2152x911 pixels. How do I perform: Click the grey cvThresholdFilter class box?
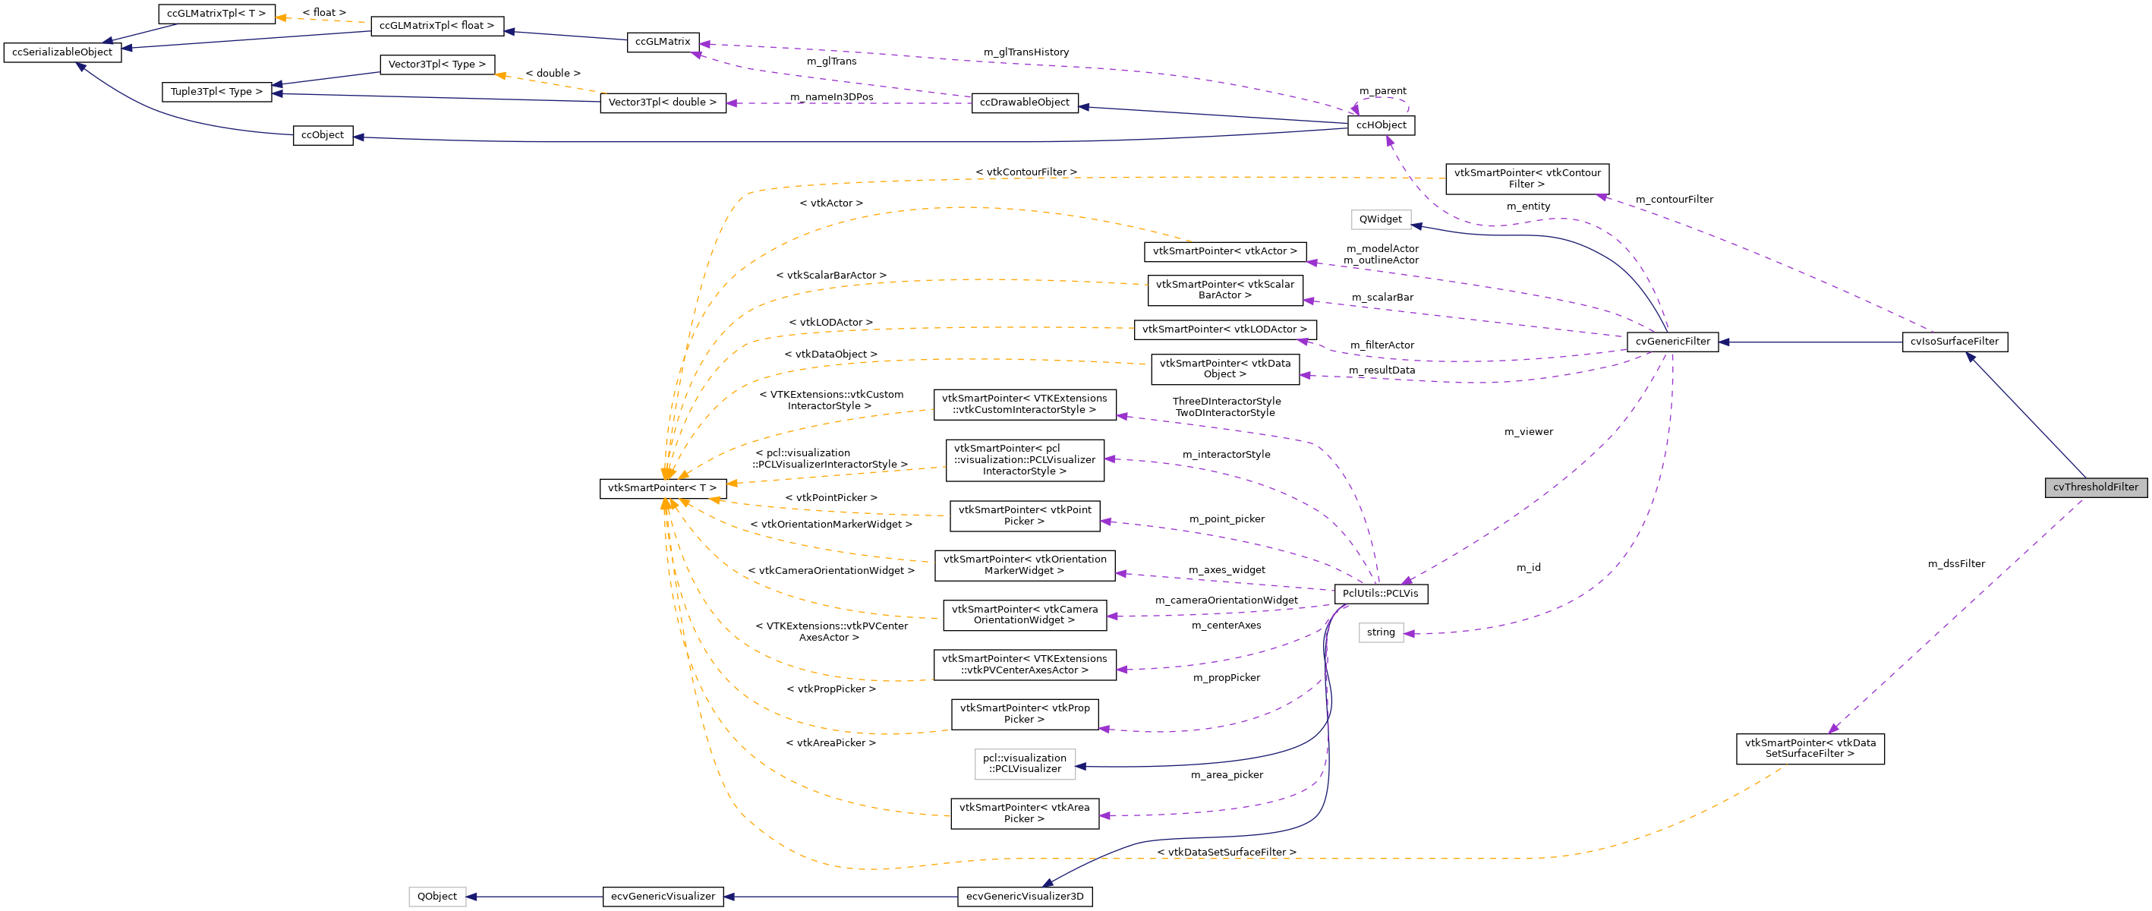point(2094,487)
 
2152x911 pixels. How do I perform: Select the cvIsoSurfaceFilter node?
point(1954,342)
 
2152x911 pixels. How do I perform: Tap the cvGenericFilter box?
point(1672,342)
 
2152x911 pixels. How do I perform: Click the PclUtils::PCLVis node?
point(1380,594)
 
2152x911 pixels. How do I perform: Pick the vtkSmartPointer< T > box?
point(662,488)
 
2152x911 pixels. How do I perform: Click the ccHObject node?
point(1380,125)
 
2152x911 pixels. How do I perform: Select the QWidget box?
point(1380,220)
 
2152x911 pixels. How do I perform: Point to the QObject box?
point(437,896)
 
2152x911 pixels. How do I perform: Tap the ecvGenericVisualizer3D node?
point(1024,896)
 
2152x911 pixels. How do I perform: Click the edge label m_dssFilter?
point(1955,564)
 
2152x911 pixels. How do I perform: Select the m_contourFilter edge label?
point(1673,200)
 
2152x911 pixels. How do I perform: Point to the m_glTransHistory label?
point(1026,52)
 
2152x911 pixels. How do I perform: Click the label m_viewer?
point(1528,432)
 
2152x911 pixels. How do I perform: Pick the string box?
point(1380,632)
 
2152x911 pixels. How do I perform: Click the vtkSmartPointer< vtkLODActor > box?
point(1224,329)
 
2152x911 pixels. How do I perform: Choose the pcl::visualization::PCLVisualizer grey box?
point(1024,764)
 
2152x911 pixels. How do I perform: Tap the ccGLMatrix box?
point(663,42)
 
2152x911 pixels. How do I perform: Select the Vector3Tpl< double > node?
point(663,102)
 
